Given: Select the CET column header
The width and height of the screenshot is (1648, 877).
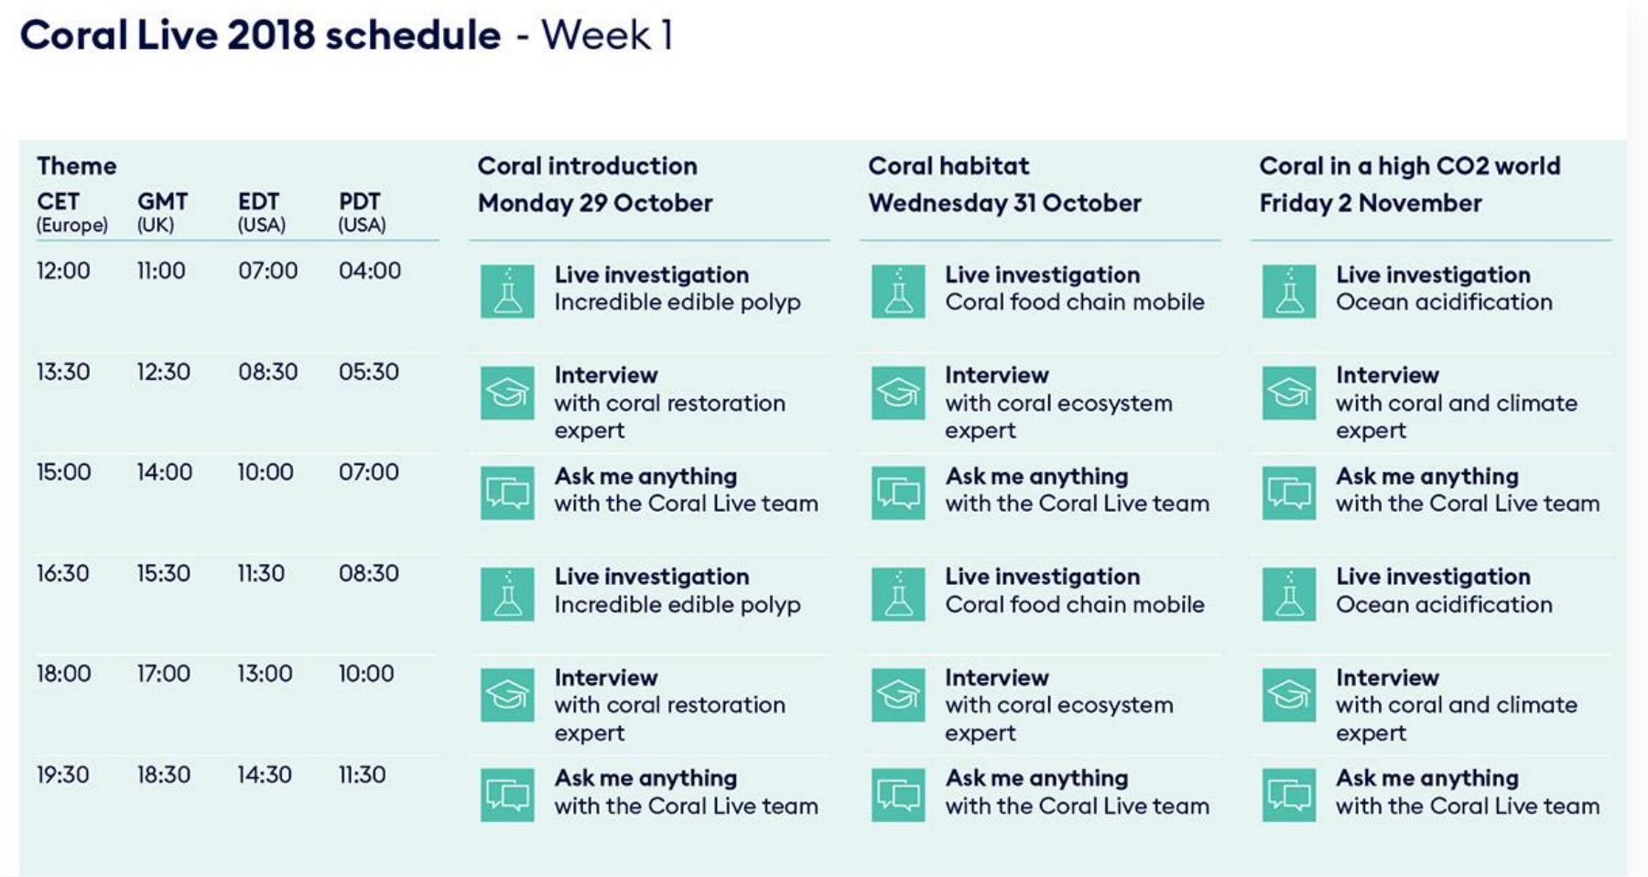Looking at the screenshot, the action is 58,201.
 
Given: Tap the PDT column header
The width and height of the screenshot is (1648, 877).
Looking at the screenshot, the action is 360,201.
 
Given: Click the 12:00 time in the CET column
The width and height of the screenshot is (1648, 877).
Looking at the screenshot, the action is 63,271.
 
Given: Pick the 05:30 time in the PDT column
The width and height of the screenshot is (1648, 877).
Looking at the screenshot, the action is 369,372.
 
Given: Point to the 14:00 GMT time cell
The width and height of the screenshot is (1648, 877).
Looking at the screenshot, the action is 165,472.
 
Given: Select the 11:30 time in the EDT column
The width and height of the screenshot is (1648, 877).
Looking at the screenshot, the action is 261,573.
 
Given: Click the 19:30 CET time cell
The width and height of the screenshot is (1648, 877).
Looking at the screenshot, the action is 63,774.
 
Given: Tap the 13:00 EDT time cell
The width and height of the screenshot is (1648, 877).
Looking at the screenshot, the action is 265,674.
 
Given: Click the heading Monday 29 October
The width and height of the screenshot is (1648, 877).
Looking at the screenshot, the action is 595,203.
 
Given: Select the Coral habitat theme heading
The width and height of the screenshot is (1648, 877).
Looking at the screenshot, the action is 949,166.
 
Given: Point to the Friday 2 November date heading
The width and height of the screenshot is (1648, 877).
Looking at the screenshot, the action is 1371,203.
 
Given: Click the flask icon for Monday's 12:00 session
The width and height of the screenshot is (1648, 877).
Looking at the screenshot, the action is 507,291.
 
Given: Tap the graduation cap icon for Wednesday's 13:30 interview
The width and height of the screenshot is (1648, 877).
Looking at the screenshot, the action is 898,393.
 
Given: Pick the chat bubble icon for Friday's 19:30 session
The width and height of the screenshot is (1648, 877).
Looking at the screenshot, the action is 1289,795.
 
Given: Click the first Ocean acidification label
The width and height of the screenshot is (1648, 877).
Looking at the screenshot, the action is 1444,302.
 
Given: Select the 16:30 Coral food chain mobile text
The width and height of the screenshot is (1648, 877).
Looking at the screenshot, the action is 1075,604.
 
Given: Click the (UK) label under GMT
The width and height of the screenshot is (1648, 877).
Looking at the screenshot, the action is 156,225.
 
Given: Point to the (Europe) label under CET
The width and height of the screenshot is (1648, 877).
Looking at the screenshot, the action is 72,225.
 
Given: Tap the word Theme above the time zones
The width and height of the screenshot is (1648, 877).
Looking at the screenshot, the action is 77,166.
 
